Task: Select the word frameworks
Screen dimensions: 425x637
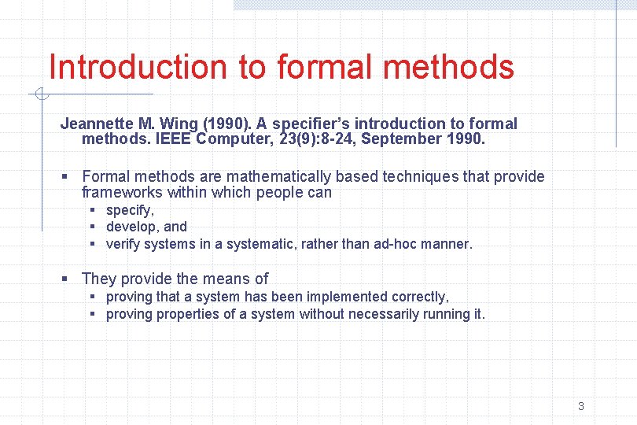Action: coord(119,192)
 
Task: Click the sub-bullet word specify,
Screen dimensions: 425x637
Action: coord(130,210)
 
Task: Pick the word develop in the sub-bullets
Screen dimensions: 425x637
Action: coord(131,227)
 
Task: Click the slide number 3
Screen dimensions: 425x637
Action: coord(580,407)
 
